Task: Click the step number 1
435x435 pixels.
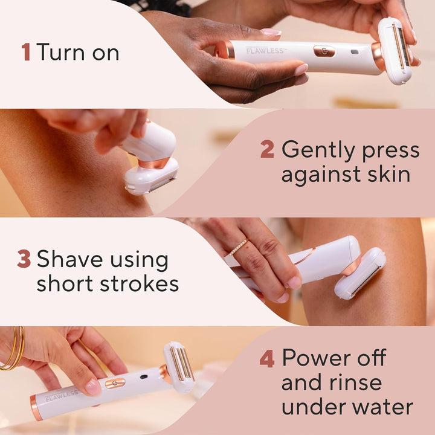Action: tap(25, 52)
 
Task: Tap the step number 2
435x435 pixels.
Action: tap(267, 149)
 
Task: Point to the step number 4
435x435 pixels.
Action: tap(266, 358)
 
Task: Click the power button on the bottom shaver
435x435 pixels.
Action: tap(115, 382)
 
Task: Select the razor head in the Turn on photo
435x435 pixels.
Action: tap(396, 51)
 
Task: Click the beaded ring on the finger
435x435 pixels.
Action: tap(238, 246)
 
